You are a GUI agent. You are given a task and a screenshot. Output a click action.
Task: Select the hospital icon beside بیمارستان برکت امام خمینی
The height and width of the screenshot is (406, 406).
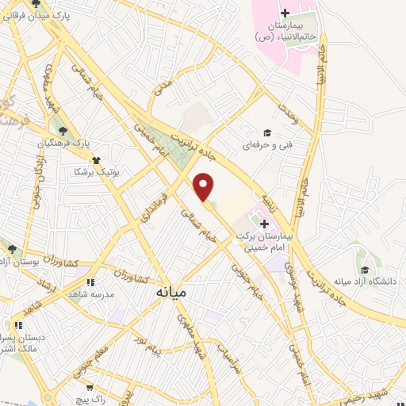click(x=265, y=224)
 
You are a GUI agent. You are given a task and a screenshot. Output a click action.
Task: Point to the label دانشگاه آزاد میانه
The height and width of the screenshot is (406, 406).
click(x=365, y=281)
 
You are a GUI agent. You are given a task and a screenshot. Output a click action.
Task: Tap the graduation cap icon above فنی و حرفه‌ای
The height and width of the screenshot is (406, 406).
click(x=267, y=133)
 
